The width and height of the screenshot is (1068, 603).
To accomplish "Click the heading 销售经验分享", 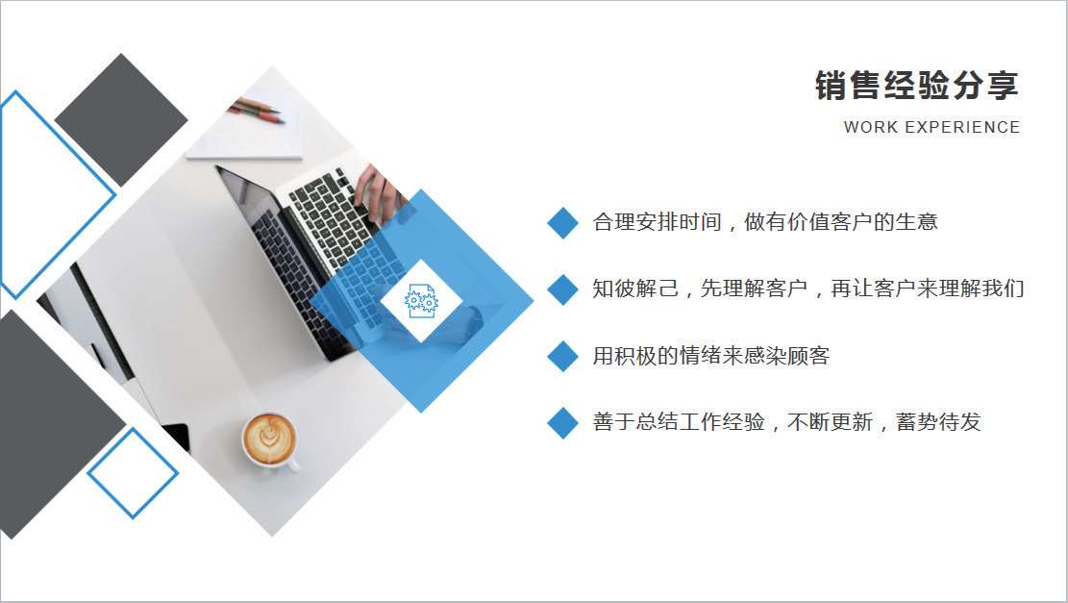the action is [917, 86].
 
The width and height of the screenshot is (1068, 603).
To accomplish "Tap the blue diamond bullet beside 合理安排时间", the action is [562, 223].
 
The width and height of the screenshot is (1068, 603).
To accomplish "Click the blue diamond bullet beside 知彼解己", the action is [562, 289].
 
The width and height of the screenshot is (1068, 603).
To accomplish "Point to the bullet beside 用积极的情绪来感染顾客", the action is [562, 357].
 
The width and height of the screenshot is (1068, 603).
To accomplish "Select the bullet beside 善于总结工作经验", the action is [562, 422].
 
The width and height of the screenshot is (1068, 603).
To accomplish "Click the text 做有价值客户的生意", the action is [841, 222].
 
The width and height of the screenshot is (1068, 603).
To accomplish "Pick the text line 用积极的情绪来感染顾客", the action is [711, 356].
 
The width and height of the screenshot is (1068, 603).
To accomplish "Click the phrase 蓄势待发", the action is [938, 422].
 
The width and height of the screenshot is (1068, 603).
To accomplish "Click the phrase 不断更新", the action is [831, 422].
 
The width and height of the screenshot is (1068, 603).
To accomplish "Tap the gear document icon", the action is [421, 301].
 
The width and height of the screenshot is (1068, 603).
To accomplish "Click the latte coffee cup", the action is [271, 441].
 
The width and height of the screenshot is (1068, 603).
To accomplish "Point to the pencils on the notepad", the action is [257, 111].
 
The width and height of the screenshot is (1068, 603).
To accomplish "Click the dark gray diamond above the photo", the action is [121, 120].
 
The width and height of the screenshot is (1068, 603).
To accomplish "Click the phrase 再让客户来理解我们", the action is [928, 289].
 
